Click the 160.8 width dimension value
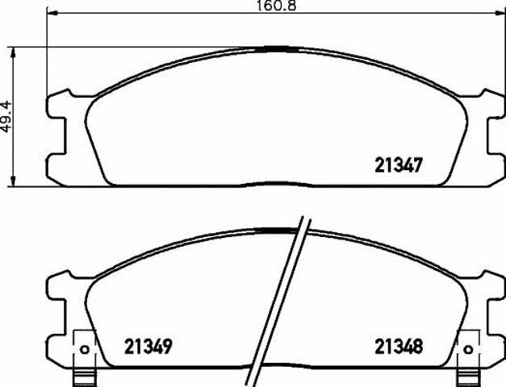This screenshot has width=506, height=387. pos(276,6)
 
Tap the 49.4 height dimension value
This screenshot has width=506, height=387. pos(6,116)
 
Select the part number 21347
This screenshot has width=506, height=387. pos(399,165)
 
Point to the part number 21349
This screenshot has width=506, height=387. pos(148,347)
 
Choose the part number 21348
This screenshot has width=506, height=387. pos(399,347)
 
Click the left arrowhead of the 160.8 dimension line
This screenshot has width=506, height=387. pos(52,13)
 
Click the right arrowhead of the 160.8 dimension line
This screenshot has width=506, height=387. pos(499,13)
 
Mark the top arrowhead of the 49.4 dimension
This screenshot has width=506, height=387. pos(13,52)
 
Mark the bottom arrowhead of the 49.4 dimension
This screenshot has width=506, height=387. pos(13,181)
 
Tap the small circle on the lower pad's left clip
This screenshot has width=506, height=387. pos(85,349)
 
